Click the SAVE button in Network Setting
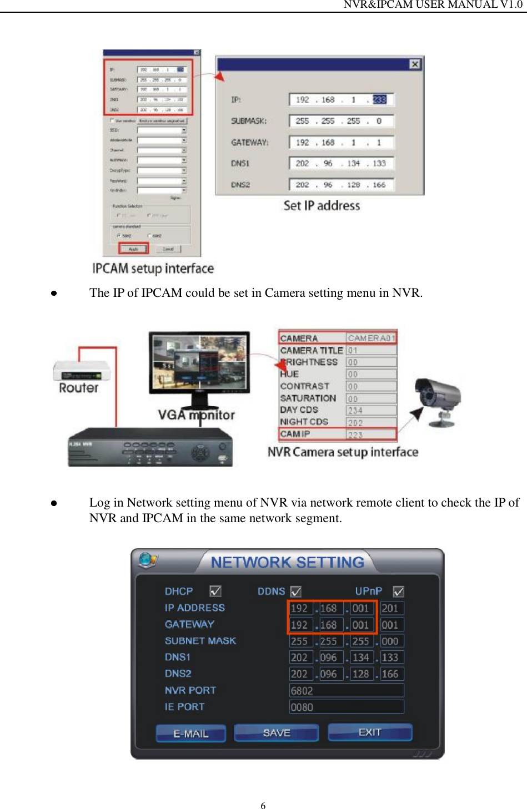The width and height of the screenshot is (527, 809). click(x=276, y=733)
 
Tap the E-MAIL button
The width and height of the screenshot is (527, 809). click(x=190, y=734)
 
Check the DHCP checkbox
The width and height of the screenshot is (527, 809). click(x=215, y=591)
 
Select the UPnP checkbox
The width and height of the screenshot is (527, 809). click(x=398, y=591)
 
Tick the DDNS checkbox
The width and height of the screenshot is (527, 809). click(x=296, y=591)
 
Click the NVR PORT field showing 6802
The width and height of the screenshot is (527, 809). click(x=346, y=690)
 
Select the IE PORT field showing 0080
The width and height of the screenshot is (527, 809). click(x=346, y=707)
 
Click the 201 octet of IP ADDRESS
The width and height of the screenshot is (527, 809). click(x=391, y=608)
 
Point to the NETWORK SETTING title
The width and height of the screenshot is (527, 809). click(x=287, y=563)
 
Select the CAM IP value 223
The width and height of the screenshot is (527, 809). click(x=371, y=434)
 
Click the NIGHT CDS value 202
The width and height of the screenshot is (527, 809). click(x=371, y=422)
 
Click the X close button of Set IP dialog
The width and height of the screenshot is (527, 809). click(x=414, y=64)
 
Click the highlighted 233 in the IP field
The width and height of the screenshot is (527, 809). click(x=379, y=100)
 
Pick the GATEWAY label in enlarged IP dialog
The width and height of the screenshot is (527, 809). click(x=249, y=143)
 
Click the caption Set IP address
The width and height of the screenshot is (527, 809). click(x=322, y=206)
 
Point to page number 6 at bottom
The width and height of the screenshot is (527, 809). click(x=263, y=806)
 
